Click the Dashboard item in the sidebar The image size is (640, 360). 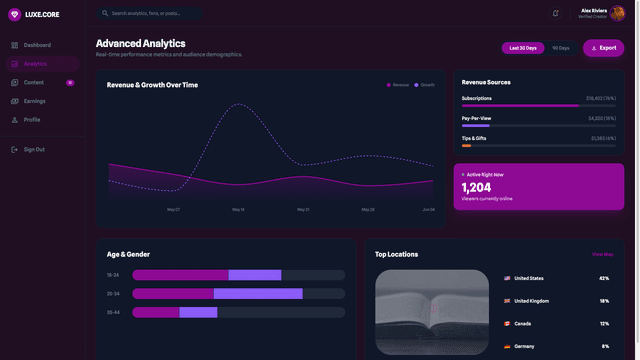click(x=37, y=45)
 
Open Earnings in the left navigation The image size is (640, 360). click(x=34, y=101)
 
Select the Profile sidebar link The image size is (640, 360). click(x=32, y=119)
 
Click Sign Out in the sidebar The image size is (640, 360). click(x=34, y=149)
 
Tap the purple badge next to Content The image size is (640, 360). click(x=70, y=82)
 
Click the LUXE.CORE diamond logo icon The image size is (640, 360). click(x=14, y=14)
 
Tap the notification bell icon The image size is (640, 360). click(x=555, y=13)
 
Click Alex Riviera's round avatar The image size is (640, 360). click(x=619, y=13)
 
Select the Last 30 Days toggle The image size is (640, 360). click(x=523, y=48)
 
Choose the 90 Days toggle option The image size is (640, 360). click(x=561, y=48)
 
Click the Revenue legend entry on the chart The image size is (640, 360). click(x=398, y=85)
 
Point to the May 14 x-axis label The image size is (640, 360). click(x=238, y=209)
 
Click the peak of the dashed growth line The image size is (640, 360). click(x=240, y=104)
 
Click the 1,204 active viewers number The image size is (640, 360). click(x=476, y=187)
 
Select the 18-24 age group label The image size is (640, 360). click(x=113, y=274)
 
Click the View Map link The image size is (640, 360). click(x=602, y=254)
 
